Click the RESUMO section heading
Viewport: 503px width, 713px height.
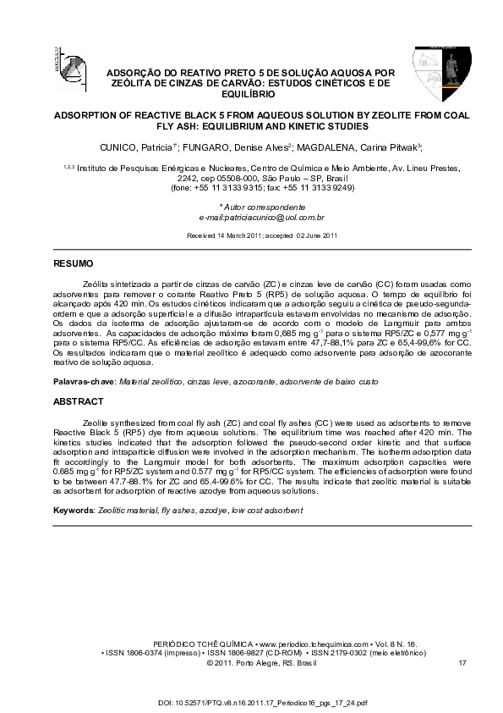point(74,264)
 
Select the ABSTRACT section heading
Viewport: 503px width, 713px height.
point(78,401)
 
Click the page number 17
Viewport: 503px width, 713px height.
point(462,663)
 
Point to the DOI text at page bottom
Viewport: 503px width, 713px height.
point(262,703)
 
